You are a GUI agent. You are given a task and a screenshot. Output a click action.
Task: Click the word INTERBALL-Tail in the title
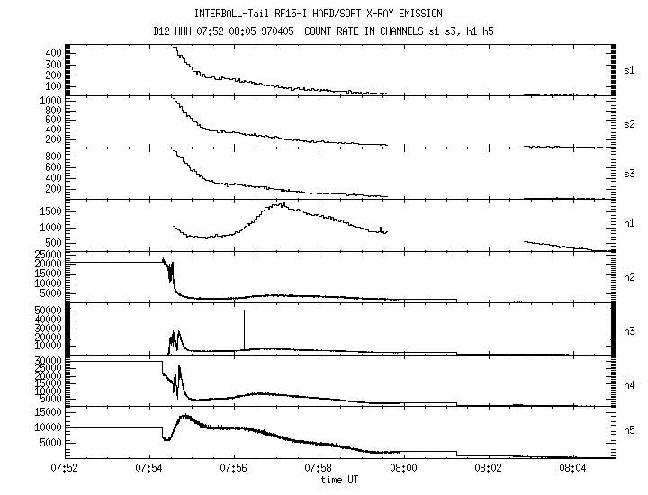point(227,13)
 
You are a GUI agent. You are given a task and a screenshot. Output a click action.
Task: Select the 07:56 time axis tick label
point(234,468)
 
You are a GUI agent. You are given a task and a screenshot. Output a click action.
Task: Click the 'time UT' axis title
point(340,480)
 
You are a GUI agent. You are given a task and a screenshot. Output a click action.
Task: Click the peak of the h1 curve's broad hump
point(281,204)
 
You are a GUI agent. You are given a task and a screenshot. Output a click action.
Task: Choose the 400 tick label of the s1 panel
point(52,53)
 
